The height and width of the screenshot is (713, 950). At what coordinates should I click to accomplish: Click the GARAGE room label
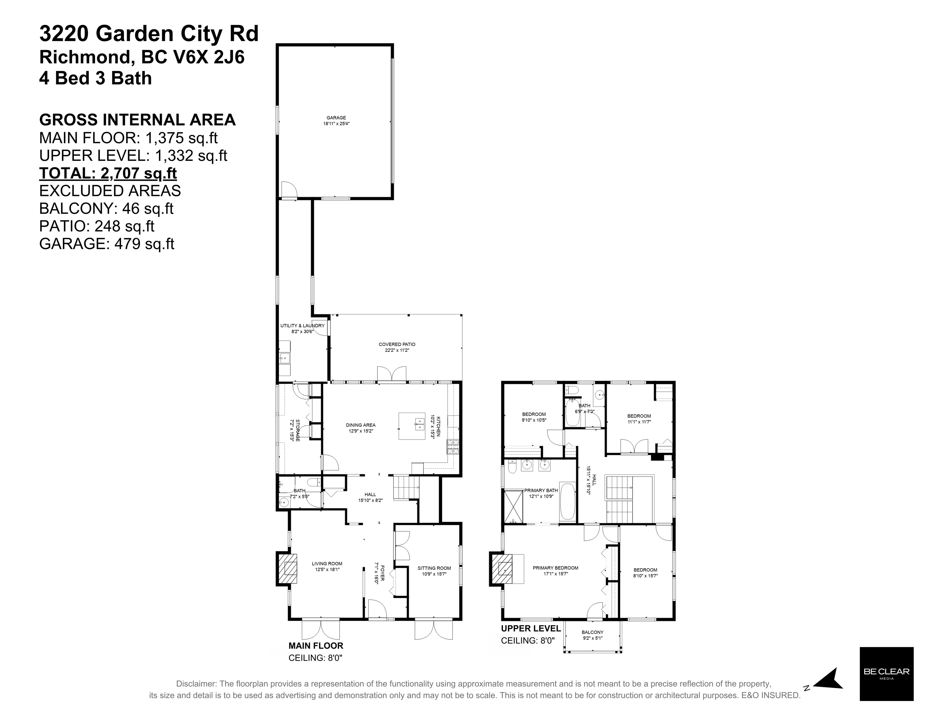coord(336,118)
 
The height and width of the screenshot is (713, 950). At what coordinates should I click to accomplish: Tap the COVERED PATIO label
coord(397,344)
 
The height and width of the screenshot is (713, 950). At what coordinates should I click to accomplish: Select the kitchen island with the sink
coord(412,426)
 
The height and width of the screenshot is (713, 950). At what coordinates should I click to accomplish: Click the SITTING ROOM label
coord(434,568)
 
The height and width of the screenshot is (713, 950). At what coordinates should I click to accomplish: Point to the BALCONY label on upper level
coord(593,632)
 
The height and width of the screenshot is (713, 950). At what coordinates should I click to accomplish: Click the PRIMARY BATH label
coord(541,490)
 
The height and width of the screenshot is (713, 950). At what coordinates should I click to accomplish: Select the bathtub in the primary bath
coord(568,503)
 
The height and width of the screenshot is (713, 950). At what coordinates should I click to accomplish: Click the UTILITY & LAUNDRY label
coord(302,326)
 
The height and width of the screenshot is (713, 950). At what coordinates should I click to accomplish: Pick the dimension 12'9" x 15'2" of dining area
coord(361,431)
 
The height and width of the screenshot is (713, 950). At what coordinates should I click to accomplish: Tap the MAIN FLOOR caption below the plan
coord(316,646)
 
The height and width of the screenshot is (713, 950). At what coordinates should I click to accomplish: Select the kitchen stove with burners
coord(453,447)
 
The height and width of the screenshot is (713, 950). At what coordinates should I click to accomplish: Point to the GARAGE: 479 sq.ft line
coord(106,244)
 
